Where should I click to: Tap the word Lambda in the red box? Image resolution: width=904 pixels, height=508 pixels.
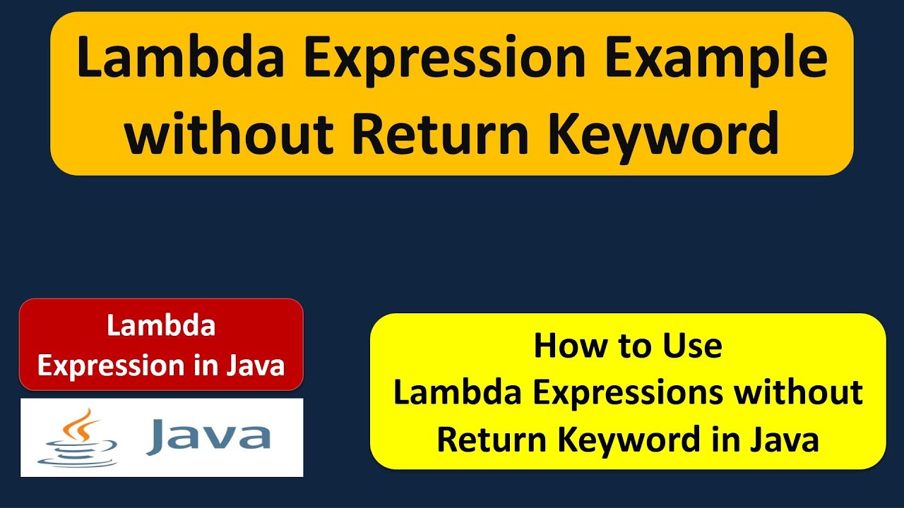tap(161, 326)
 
